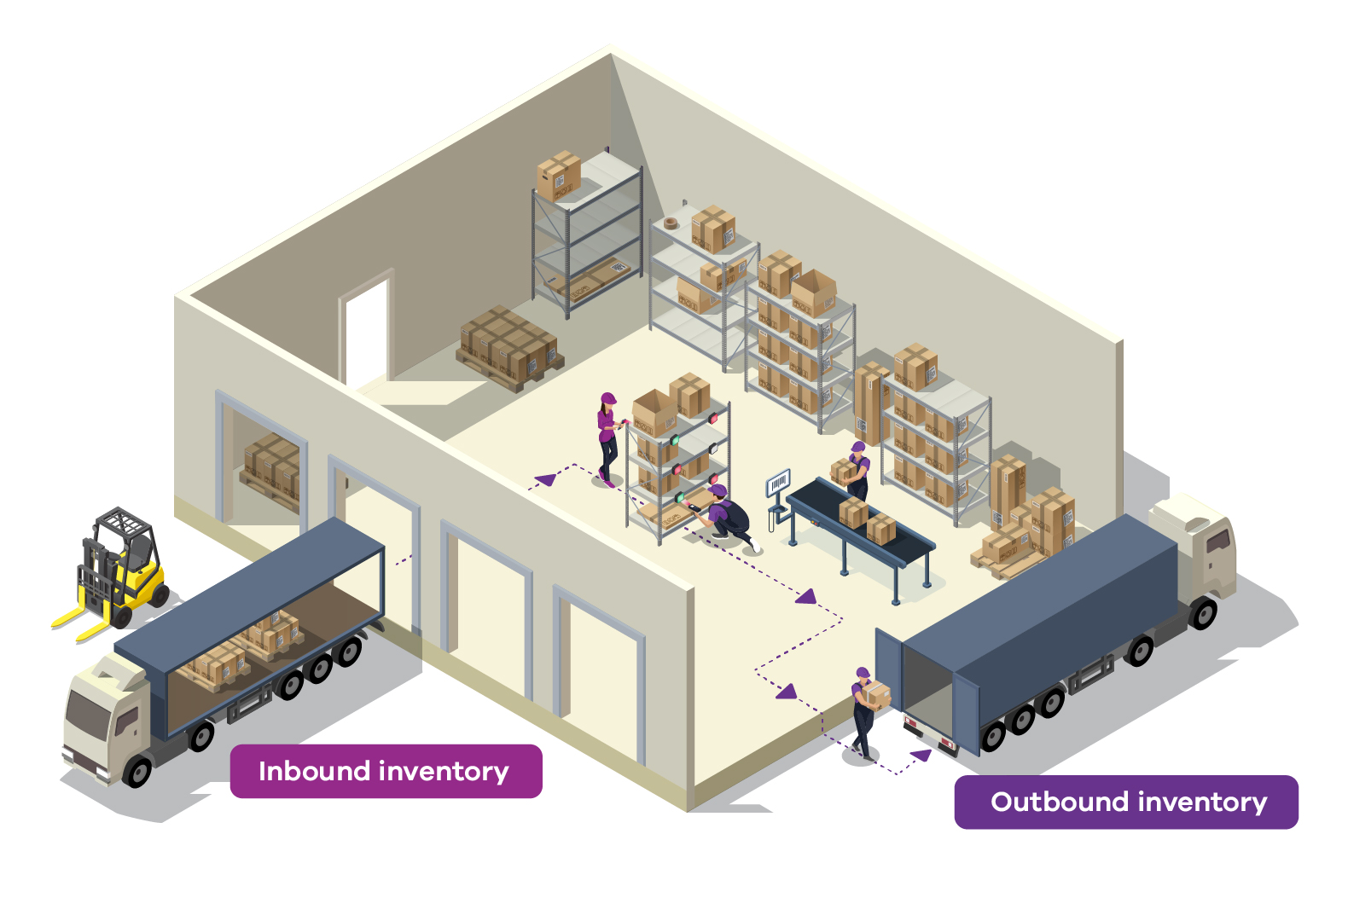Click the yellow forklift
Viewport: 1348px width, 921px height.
119,567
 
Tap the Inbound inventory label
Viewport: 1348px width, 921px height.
386,772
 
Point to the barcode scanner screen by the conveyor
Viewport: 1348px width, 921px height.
778,485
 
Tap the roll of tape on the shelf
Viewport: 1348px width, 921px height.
671,223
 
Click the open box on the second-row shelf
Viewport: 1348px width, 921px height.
813,292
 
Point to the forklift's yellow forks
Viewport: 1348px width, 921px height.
81,623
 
